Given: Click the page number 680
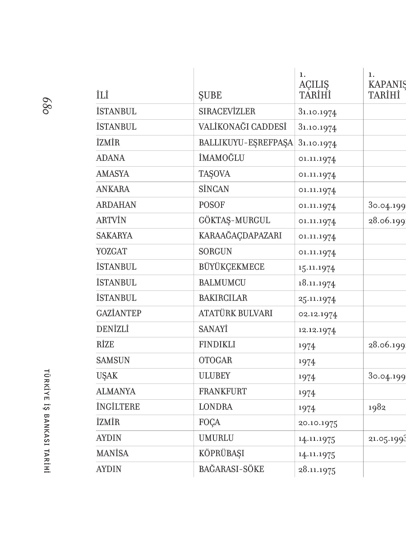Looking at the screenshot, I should coord(45,105).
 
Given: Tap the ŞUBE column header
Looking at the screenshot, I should coord(210,96).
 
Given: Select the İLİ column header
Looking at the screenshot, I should coord(102,96).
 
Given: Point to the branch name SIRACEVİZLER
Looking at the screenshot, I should coord(227,112).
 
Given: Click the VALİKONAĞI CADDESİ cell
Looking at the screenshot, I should coord(243,127).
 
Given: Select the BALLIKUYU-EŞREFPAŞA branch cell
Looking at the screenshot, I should coord(246,143).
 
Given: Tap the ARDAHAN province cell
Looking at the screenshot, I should coord(116,205).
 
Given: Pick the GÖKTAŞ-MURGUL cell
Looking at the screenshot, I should coord(234,220).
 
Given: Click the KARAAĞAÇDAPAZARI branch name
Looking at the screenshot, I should coord(240,236).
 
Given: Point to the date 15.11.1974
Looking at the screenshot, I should coord(317,268).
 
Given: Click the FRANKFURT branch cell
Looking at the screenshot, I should coord(223,392).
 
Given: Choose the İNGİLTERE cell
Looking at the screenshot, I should coord(118,407).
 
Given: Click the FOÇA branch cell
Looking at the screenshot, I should coord(210,423).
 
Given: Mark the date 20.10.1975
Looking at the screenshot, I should coord(318,423).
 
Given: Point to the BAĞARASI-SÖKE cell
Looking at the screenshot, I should coord(231,469).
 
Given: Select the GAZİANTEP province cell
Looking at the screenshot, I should coord(119,313).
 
